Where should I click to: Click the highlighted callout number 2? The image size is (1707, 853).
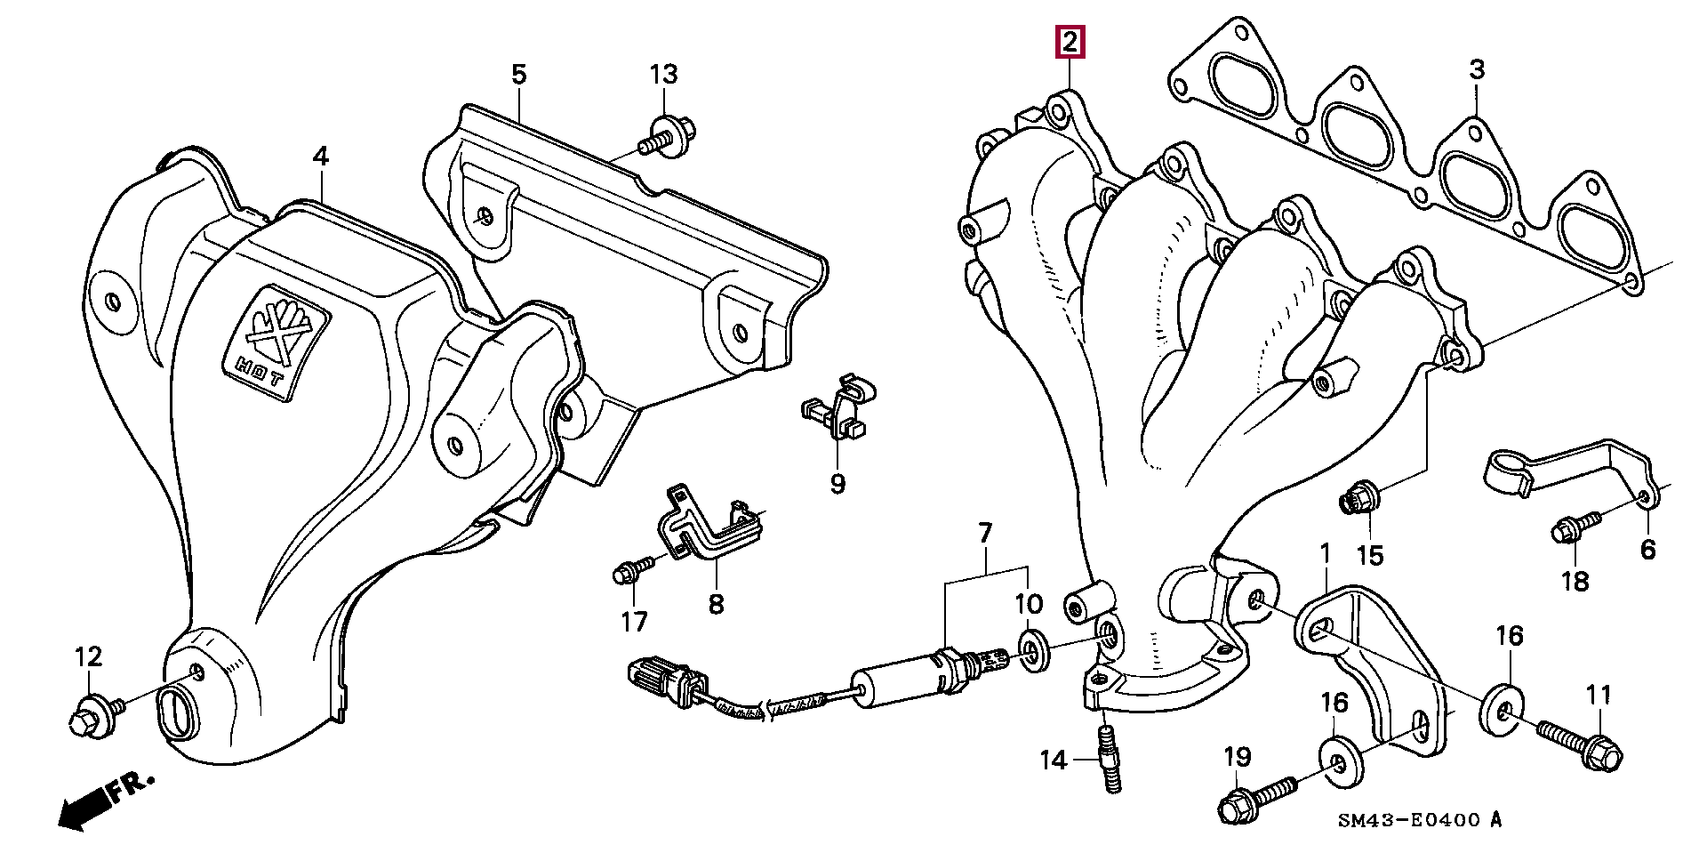tap(1070, 42)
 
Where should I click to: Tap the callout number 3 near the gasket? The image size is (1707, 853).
tap(1477, 69)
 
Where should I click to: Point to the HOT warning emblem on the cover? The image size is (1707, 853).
tap(275, 342)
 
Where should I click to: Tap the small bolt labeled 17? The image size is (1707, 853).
tap(632, 570)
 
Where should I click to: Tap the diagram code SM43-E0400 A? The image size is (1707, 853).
tap(1419, 820)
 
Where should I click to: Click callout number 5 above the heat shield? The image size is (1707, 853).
tap(518, 74)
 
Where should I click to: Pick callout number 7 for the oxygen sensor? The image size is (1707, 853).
tap(984, 533)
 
